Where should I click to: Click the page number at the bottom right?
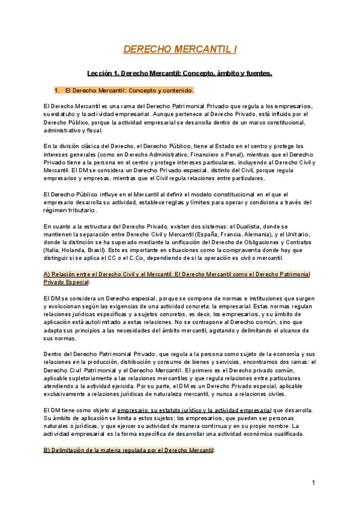tap(313, 483)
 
